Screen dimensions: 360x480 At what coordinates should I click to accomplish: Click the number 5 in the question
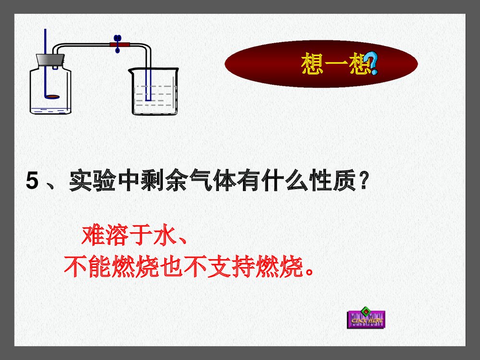coord(32,182)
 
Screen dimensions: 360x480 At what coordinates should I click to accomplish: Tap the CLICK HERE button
coord(366,319)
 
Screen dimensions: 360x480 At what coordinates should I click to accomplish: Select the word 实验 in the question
coord(90,182)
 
